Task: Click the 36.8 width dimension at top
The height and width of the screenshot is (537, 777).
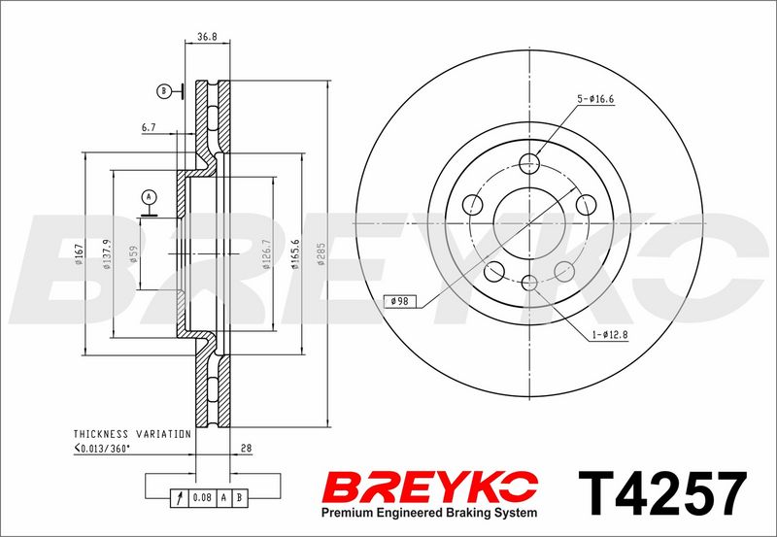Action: click(207, 37)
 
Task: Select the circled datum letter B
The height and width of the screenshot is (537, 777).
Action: click(163, 91)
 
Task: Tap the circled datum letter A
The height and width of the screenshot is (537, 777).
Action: click(149, 197)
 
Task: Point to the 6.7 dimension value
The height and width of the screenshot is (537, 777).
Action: click(149, 128)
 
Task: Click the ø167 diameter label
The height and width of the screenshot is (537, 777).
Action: click(79, 254)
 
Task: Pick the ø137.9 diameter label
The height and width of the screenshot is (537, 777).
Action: click(107, 254)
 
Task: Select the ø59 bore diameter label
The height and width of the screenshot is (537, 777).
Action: click(132, 254)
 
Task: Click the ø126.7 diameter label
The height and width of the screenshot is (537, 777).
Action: click(266, 254)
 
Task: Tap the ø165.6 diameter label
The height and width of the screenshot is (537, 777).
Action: click(295, 254)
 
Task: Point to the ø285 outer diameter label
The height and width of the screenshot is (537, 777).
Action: click(321, 254)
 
